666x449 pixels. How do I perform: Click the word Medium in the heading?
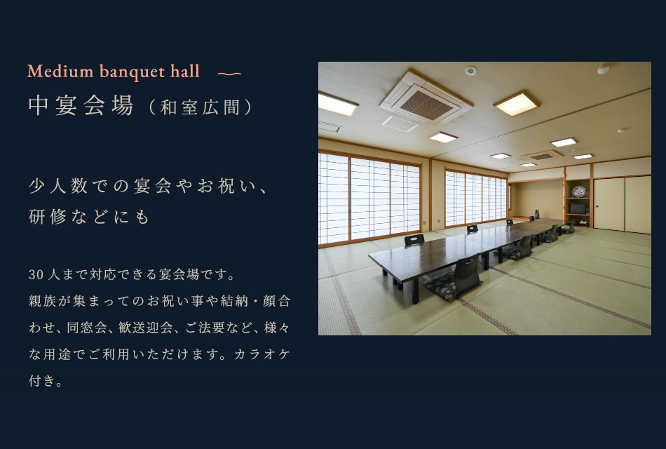pyautogui.click(x=60, y=71)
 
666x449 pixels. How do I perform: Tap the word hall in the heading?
pyautogui.click(x=185, y=71)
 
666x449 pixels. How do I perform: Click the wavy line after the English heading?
pyautogui.click(x=229, y=74)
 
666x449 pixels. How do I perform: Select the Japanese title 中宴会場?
pyautogui.click(x=81, y=105)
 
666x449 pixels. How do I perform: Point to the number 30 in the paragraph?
pyautogui.click(x=36, y=275)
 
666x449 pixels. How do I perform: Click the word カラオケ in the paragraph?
pyautogui.click(x=262, y=354)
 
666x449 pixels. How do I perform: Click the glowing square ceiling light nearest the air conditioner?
pyautogui.click(x=516, y=103)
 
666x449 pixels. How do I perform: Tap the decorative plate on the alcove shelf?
pyautogui.click(x=578, y=192)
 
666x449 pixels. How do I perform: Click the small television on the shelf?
pyautogui.click(x=578, y=208)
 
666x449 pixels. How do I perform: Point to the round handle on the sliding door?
pyautogui.click(x=597, y=207)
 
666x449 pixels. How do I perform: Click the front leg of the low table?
pyautogui.click(x=416, y=290)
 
